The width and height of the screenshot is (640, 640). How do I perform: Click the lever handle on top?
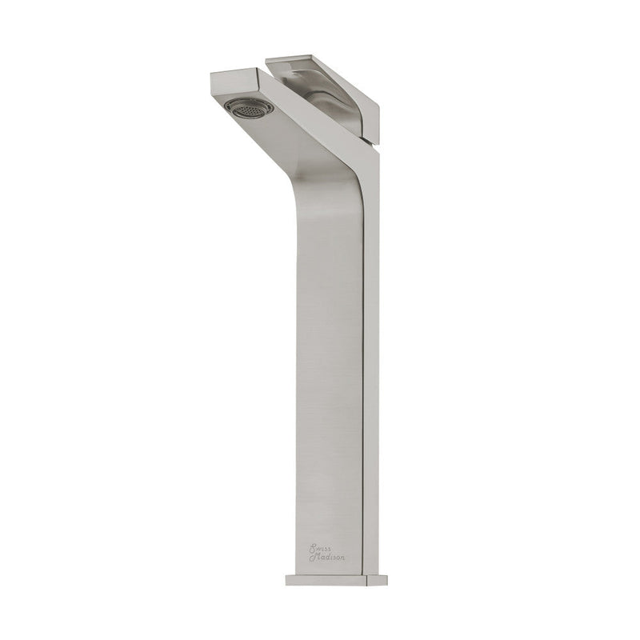[x=320, y=76]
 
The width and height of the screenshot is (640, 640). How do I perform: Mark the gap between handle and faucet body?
[x=276, y=80]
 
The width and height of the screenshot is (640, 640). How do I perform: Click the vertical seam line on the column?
[x=362, y=320]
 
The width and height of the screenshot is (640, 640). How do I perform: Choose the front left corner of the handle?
[x=267, y=58]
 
